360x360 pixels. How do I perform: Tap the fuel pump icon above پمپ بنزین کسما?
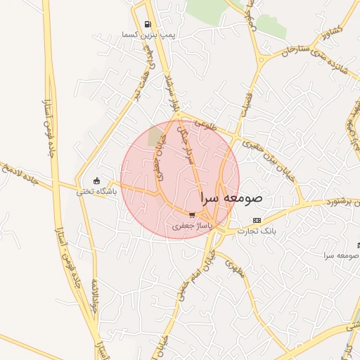(x=147, y=24)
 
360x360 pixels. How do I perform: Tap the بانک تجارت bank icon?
(x=256, y=220)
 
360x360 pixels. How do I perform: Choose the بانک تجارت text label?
(x=257, y=231)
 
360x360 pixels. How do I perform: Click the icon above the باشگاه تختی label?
(x=97, y=181)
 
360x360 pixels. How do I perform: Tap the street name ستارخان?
(x=295, y=50)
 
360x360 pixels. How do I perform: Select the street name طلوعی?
(x=204, y=124)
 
